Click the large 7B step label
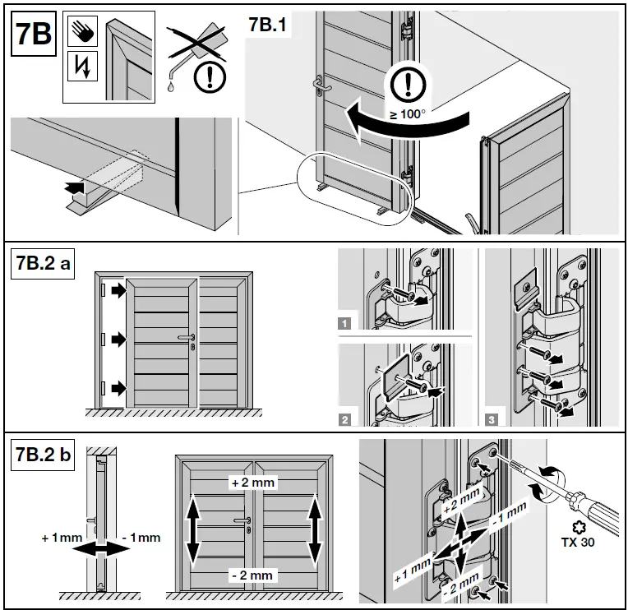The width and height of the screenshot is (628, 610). [34, 35]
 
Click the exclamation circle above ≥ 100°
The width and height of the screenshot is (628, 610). [407, 83]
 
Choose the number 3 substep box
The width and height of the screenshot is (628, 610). [491, 420]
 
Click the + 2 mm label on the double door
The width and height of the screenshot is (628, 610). [252, 483]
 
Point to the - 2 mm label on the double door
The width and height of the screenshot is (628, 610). [252, 575]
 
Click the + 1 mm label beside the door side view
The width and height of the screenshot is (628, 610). [57, 538]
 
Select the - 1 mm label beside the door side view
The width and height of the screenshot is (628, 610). [141, 538]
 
